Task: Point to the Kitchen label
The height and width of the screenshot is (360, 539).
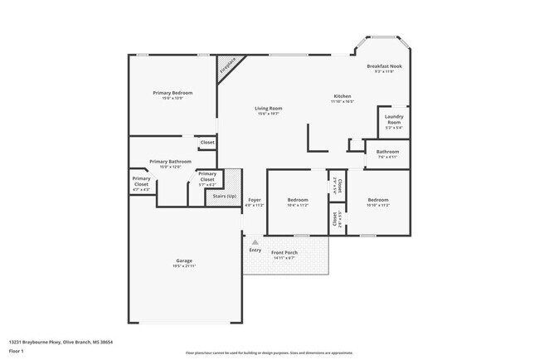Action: [342, 96]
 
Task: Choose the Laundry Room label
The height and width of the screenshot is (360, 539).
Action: [394, 122]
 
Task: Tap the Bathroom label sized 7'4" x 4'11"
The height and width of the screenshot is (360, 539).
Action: [387, 153]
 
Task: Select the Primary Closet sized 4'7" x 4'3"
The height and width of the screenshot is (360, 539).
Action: [141, 184]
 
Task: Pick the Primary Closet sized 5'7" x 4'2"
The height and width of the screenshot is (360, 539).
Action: [206, 177]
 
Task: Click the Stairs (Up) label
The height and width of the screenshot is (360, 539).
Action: [225, 197]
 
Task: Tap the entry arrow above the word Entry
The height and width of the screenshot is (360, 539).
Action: [255, 242]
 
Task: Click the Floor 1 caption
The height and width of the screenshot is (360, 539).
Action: [17, 351]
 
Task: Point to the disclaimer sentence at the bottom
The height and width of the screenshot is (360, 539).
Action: [269, 352]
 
